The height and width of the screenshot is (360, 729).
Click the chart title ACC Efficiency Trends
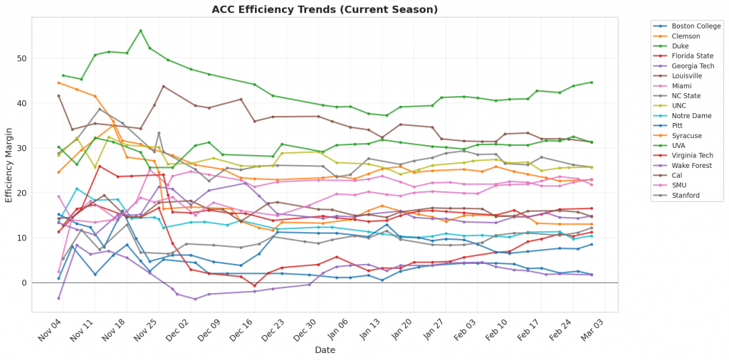pos(325,9)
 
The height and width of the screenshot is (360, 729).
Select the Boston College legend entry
pos(693,26)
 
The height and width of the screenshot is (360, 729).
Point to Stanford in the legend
pos(686,194)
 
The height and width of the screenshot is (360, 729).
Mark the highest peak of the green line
pos(140,31)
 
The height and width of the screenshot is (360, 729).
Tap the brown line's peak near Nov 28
pos(164,86)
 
